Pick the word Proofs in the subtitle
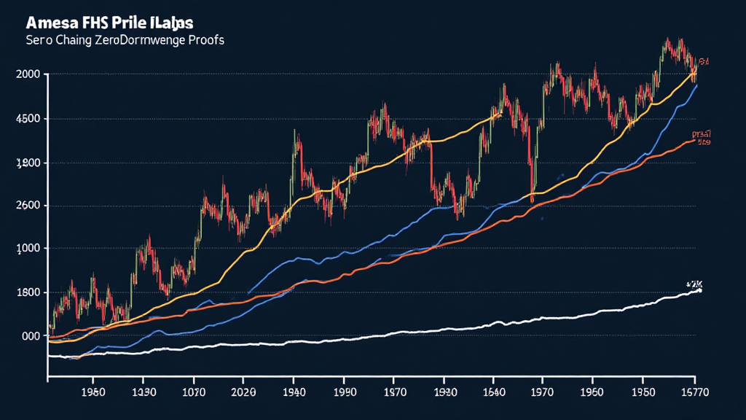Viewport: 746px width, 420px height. click(x=205, y=40)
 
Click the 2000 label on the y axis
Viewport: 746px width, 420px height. click(x=27, y=74)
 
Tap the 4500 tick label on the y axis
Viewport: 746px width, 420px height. click(x=27, y=119)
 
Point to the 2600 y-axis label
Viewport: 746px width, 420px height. click(x=27, y=206)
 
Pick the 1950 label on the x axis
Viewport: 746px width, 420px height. click(x=641, y=392)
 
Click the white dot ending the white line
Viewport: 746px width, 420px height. click(x=699, y=290)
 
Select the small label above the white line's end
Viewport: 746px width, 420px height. click(x=694, y=282)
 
